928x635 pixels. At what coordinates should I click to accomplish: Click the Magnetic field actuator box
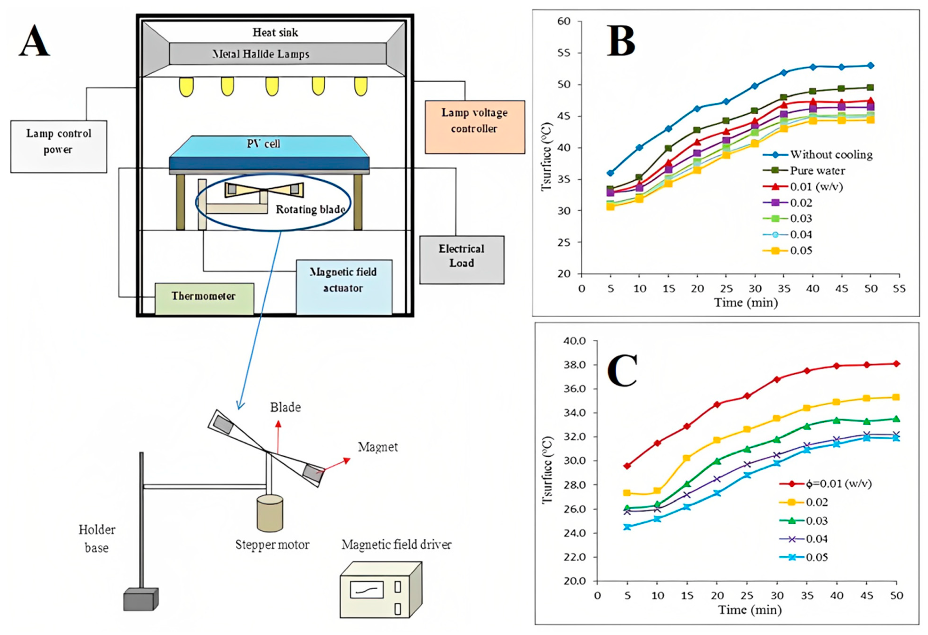[344, 287]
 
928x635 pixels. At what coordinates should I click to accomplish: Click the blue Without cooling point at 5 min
[610, 173]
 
